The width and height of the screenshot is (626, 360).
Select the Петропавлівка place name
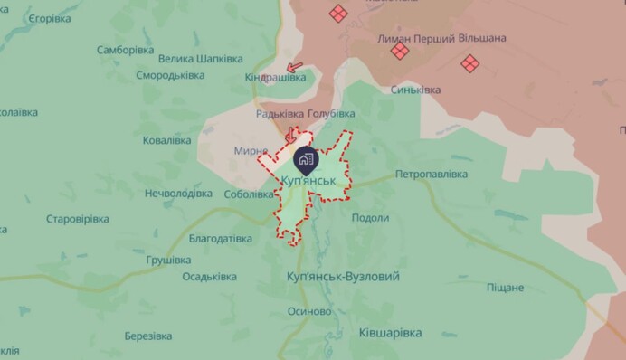(x=431, y=174)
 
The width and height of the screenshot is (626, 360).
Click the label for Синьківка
(x=416, y=90)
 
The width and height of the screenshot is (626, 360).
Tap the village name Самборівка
(x=131, y=51)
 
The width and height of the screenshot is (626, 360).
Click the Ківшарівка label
(x=390, y=333)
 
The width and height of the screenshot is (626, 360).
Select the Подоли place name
(x=370, y=218)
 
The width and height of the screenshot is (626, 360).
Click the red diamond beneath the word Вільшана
(x=469, y=63)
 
